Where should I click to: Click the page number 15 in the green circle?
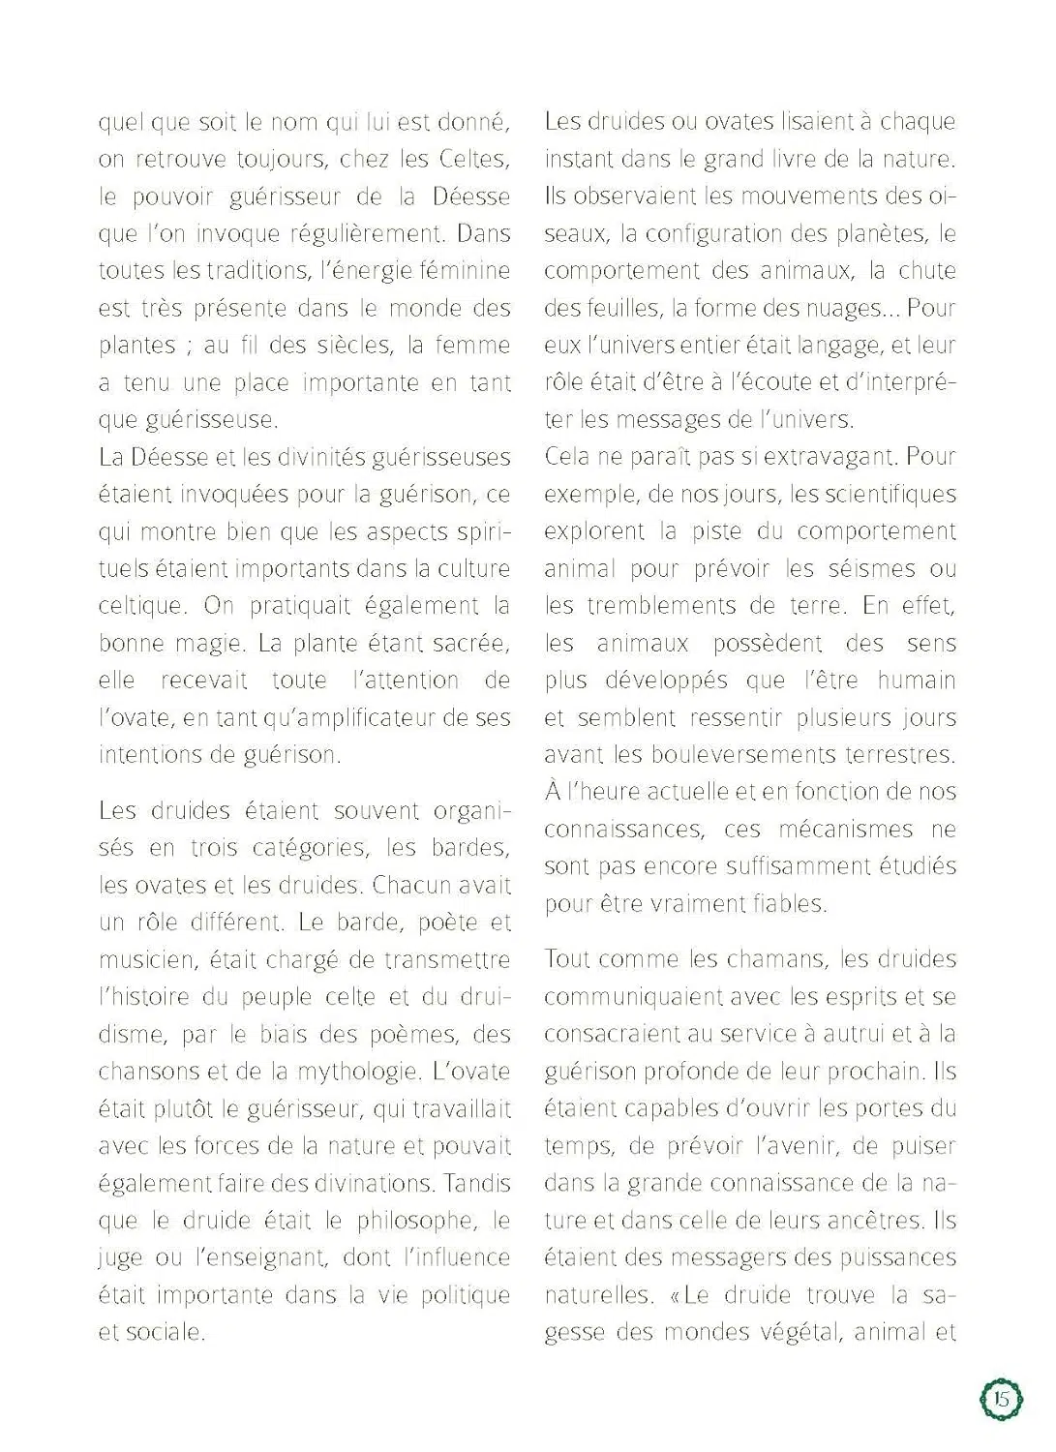1002,1398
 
